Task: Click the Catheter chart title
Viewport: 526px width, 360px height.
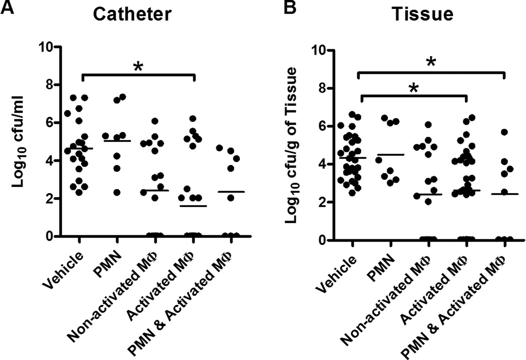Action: tap(133, 15)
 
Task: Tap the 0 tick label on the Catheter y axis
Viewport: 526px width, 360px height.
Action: tap(49, 236)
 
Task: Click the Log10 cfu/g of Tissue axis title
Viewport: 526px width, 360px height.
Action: tap(296, 145)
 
